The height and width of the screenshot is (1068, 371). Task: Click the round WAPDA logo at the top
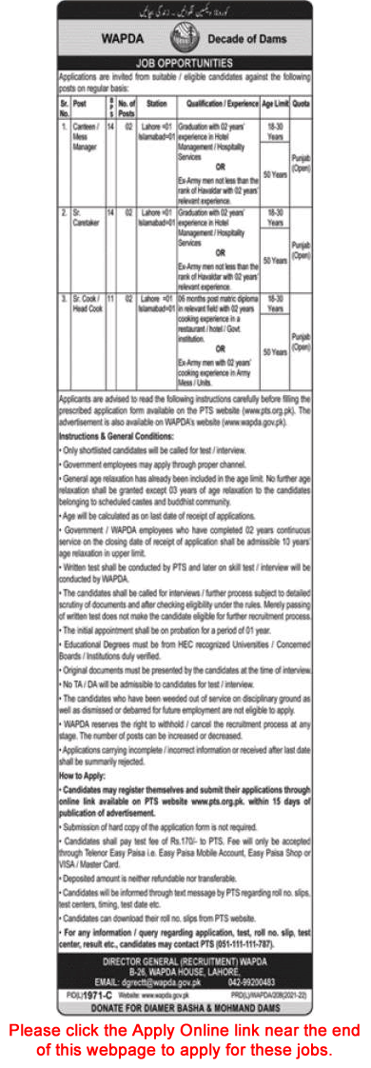(x=185, y=40)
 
